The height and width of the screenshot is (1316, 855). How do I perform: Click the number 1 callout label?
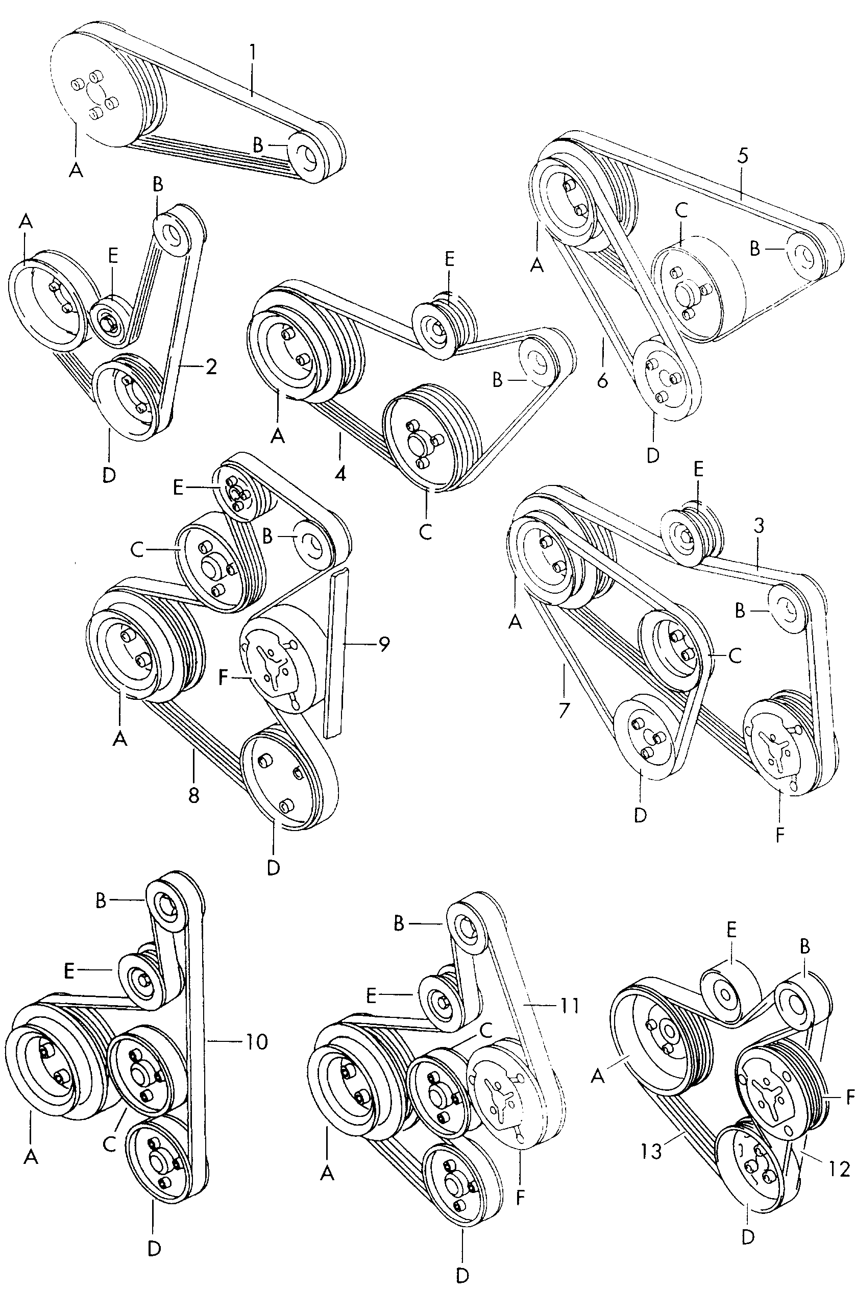click(x=252, y=53)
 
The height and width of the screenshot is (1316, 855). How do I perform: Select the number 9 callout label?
click(x=383, y=644)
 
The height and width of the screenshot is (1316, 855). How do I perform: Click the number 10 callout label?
click(x=256, y=1042)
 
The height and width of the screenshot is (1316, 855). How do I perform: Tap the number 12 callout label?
click(x=839, y=1169)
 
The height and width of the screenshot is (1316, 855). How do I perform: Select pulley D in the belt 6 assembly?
click(x=667, y=381)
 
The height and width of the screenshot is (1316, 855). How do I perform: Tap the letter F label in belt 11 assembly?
click(x=520, y=1198)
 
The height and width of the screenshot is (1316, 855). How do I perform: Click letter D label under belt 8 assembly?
click(x=273, y=867)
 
